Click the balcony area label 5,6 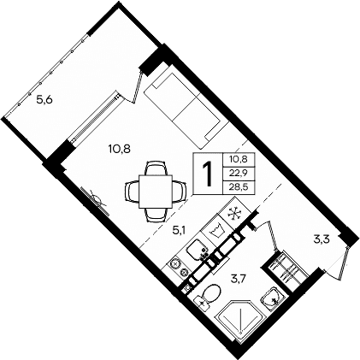[44, 100]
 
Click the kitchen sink [196, 249]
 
